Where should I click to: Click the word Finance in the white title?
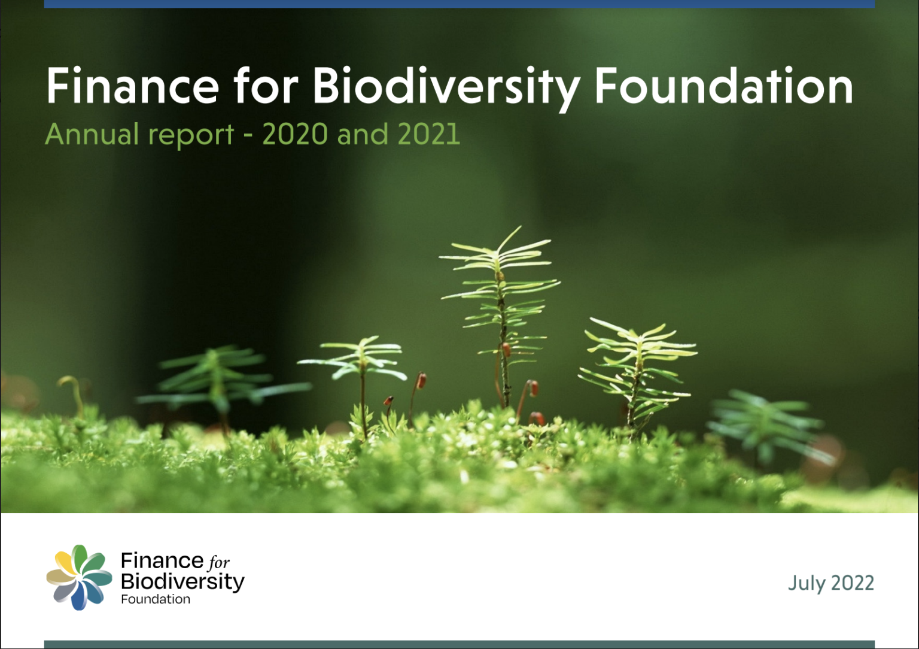click(x=133, y=87)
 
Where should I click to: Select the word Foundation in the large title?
click(x=723, y=87)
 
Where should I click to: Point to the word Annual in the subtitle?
click(x=92, y=134)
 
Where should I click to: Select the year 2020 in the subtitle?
click(x=295, y=134)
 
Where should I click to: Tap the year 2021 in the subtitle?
click(x=429, y=134)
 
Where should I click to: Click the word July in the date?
click(x=805, y=583)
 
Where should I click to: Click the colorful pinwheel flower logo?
click(x=79, y=578)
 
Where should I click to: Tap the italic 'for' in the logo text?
click(x=219, y=562)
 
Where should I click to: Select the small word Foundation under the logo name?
click(x=156, y=599)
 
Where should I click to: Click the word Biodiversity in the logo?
click(x=182, y=581)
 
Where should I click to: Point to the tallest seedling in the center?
click(x=501, y=311)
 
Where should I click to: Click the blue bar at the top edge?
click(x=459, y=4)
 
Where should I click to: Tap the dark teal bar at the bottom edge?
click(x=459, y=644)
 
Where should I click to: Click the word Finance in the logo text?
click(x=162, y=561)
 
